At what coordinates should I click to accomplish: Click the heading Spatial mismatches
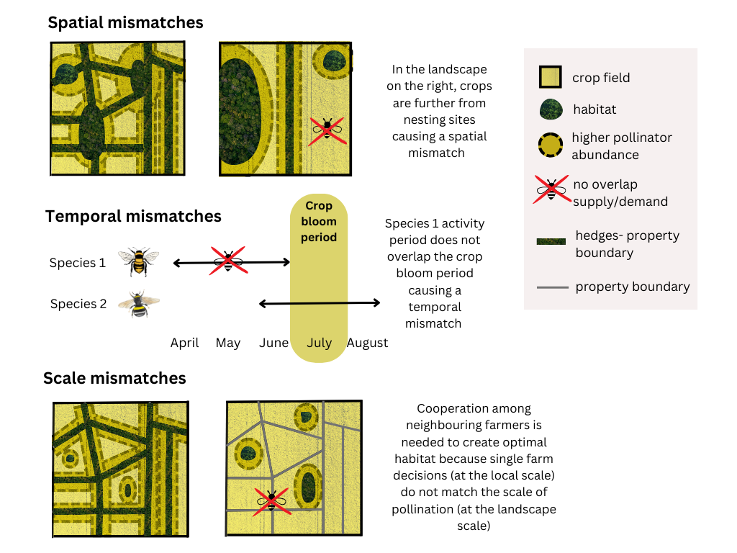click(x=125, y=22)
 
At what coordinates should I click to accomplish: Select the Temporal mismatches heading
click(x=133, y=216)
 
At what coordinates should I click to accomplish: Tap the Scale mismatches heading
click(x=114, y=378)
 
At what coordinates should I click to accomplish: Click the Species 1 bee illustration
click(x=138, y=261)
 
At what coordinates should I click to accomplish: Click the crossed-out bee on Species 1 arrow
click(x=227, y=260)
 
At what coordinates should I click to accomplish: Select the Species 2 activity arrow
click(x=319, y=304)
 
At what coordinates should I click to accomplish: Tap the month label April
click(x=184, y=343)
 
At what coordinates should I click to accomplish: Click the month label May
click(x=227, y=343)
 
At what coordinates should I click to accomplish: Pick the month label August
click(x=367, y=343)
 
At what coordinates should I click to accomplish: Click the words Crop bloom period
click(x=319, y=221)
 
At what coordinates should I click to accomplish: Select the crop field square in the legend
click(x=551, y=77)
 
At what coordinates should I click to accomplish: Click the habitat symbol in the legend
click(x=551, y=109)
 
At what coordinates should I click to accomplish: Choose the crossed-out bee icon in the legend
click(x=551, y=189)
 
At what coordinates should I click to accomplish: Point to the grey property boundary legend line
click(x=551, y=287)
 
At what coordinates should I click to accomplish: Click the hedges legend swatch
click(x=551, y=242)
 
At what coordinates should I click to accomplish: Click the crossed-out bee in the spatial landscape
click(x=327, y=130)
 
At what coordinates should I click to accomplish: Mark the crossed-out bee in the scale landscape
click(x=271, y=498)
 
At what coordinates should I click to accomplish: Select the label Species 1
click(x=78, y=263)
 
